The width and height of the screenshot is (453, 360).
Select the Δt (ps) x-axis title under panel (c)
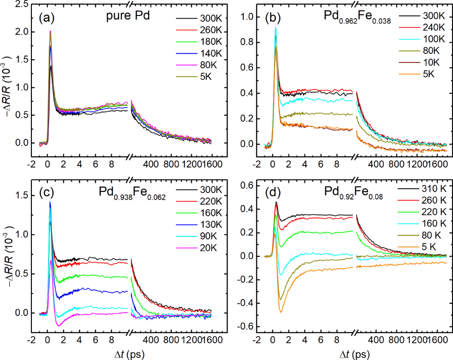[126, 354]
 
